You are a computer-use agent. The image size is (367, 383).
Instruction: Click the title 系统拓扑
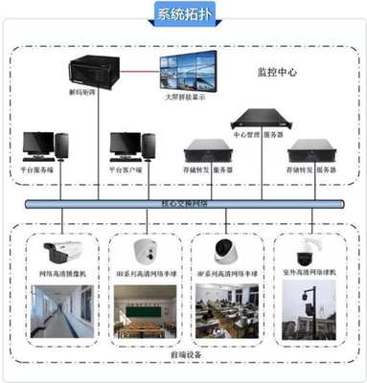pyautogui.click(x=182, y=15)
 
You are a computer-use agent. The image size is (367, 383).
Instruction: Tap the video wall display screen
pyautogui.click(x=188, y=73)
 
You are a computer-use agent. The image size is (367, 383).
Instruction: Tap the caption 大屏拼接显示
pyautogui.click(x=188, y=97)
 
